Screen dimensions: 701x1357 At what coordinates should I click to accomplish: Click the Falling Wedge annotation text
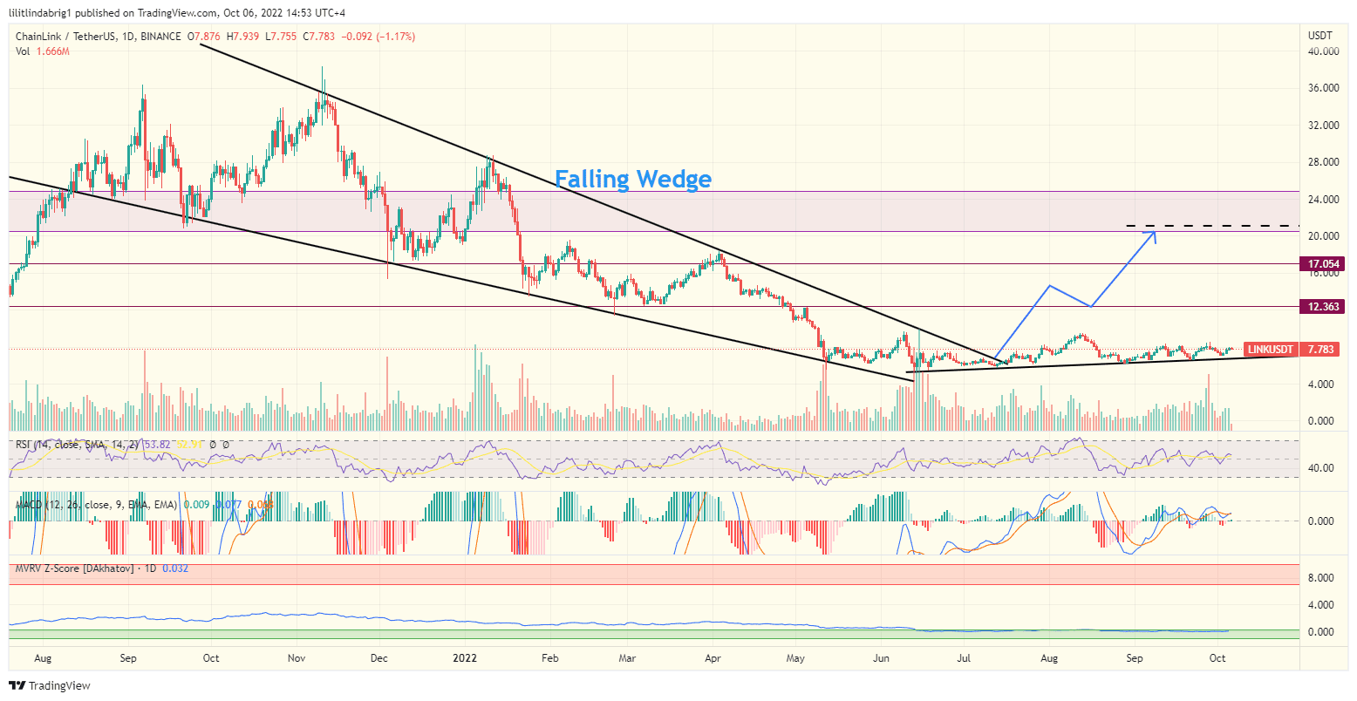click(x=633, y=180)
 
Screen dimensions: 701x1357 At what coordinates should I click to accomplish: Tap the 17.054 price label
click(x=1323, y=263)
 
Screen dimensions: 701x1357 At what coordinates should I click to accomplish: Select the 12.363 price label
click(x=1323, y=307)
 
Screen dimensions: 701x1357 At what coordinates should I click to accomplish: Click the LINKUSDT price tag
click(x=1270, y=350)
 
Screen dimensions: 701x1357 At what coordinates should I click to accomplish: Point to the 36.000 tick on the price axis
click(x=1323, y=88)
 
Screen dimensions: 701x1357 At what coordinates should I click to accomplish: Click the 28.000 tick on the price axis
click(x=1323, y=162)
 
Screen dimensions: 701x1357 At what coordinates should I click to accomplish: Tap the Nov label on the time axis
click(x=296, y=658)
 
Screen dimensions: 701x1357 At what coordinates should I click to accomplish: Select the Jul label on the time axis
click(x=965, y=658)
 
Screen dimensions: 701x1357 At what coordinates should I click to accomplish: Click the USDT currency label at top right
click(x=1319, y=36)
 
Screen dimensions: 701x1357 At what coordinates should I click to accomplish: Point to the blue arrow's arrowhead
click(x=1155, y=232)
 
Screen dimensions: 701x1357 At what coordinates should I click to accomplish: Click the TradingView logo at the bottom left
click(x=50, y=686)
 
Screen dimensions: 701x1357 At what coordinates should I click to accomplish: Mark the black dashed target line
click(x=1212, y=226)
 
